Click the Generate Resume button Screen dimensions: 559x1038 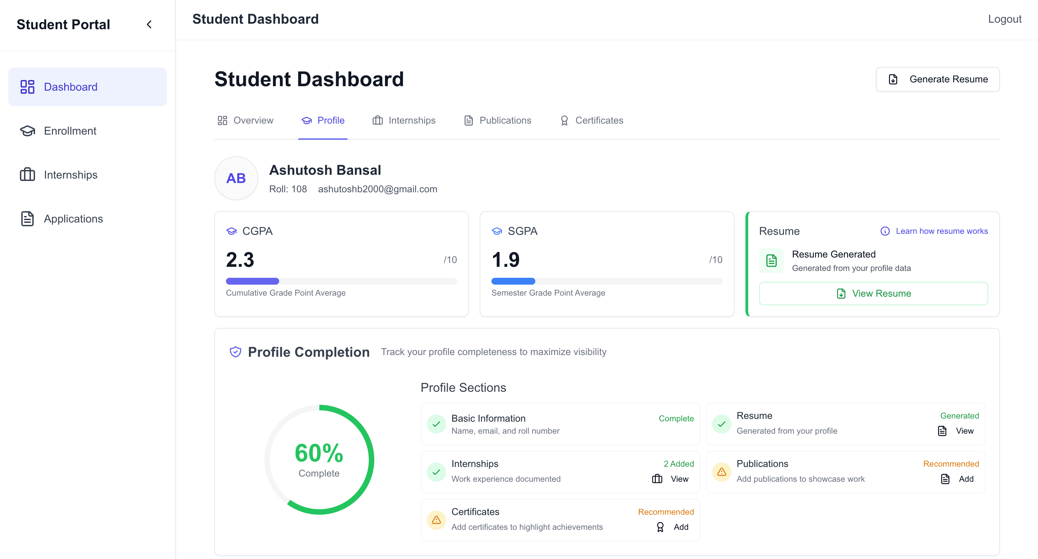(937, 79)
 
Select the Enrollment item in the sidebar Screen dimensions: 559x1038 (70, 131)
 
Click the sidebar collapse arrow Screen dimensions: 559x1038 (149, 25)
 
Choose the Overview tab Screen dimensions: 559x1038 (246, 121)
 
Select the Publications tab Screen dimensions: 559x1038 (498, 121)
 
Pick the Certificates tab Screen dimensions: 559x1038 (592, 121)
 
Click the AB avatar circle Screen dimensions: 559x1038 (236, 178)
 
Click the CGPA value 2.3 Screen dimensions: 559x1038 (240, 260)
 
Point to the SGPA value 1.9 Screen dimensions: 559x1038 (506, 260)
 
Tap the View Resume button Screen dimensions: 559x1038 (873, 293)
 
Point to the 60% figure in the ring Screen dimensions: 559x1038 (319, 453)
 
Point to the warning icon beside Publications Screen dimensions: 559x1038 (721, 472)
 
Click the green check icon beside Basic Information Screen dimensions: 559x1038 (436, 424)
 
